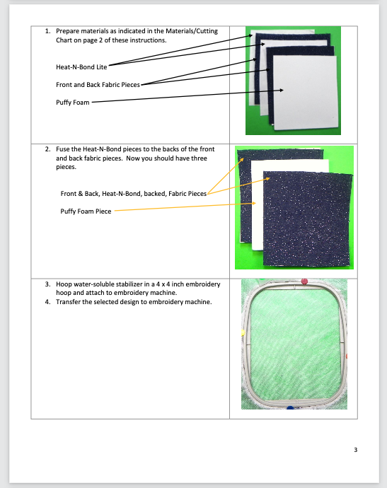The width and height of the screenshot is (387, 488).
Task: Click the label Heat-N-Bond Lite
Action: tap(81, 67)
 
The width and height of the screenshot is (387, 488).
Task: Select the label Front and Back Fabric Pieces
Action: tap(98, 85)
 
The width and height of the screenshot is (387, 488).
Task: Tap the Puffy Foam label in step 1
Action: tap(73, 103)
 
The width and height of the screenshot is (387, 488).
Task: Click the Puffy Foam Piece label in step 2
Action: tap(86, 211)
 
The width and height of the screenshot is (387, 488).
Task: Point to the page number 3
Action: tap(356, 450)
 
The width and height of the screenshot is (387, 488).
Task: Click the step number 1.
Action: tap(47, 31)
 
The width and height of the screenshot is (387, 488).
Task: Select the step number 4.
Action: tap(47, 302)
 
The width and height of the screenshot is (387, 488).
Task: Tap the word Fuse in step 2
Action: tap(62, 149)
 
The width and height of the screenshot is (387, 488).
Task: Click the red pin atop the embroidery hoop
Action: tap(304, 281)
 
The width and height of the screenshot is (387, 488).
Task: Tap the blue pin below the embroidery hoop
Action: tap(290, 407)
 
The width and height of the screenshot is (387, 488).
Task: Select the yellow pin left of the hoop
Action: tap(243, 333)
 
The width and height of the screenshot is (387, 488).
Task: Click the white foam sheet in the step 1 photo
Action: tap(305, 93)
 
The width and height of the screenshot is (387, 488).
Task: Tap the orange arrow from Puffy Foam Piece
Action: tap(185, 207)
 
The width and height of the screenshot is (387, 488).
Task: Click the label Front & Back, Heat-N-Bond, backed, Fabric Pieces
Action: tap(134, 194)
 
